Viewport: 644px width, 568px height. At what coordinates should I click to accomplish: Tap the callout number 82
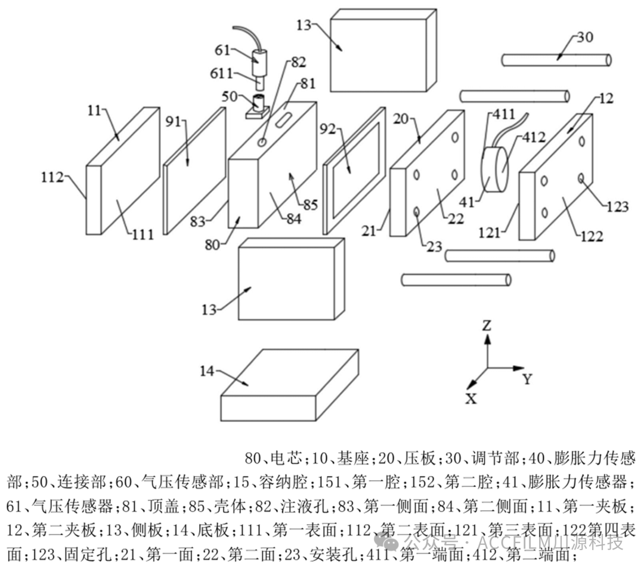pyautogui.click(x=298, y=61)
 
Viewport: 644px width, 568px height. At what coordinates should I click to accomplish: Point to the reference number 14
pyautogui.click(x=207, y=372)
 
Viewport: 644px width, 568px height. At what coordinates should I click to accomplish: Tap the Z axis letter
pyautogui.click(x=487, y=326)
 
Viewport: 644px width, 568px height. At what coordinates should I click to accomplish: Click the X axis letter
pyautogui.click(x=471, y=399)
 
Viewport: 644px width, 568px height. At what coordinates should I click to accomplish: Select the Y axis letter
pyautogui.click(x=527, y=378)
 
